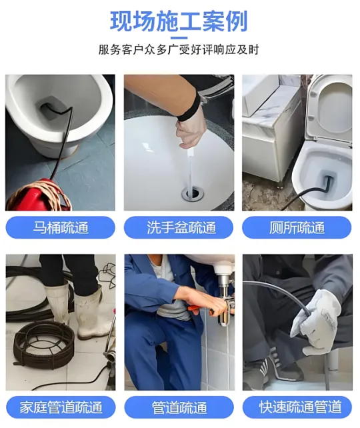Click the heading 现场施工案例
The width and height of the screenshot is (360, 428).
[179, 21]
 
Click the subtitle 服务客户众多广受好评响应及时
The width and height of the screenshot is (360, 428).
[179, 50]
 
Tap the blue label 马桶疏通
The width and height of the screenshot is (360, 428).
[60, 227]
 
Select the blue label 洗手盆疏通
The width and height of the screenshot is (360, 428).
[179, 227]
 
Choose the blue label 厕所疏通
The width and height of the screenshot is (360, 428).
[297, 227]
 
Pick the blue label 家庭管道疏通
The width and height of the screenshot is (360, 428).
[61, 407]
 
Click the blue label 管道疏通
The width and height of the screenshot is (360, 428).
[179, 407]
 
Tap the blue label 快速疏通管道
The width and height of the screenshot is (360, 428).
[297, 407]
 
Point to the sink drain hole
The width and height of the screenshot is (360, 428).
[193, 193]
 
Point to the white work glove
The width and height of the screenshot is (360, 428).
[317, 322]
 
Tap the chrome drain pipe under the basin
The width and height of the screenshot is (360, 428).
[226, 300]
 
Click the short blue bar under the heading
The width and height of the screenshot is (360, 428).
[179, 38]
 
